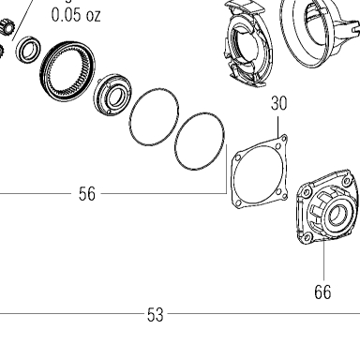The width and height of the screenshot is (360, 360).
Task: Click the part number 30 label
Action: (278, 103)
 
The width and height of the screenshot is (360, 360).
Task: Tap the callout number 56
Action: (87, 194)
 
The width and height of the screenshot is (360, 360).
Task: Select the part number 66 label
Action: (322, 292)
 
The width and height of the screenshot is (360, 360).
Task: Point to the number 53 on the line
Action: (156, 315)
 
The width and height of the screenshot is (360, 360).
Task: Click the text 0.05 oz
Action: (76, 15)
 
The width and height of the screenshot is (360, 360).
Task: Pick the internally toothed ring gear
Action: (67, 71)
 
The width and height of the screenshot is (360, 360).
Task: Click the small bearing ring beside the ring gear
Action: (28, 50)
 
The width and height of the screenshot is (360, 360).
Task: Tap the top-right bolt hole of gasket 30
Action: (284, 138)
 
